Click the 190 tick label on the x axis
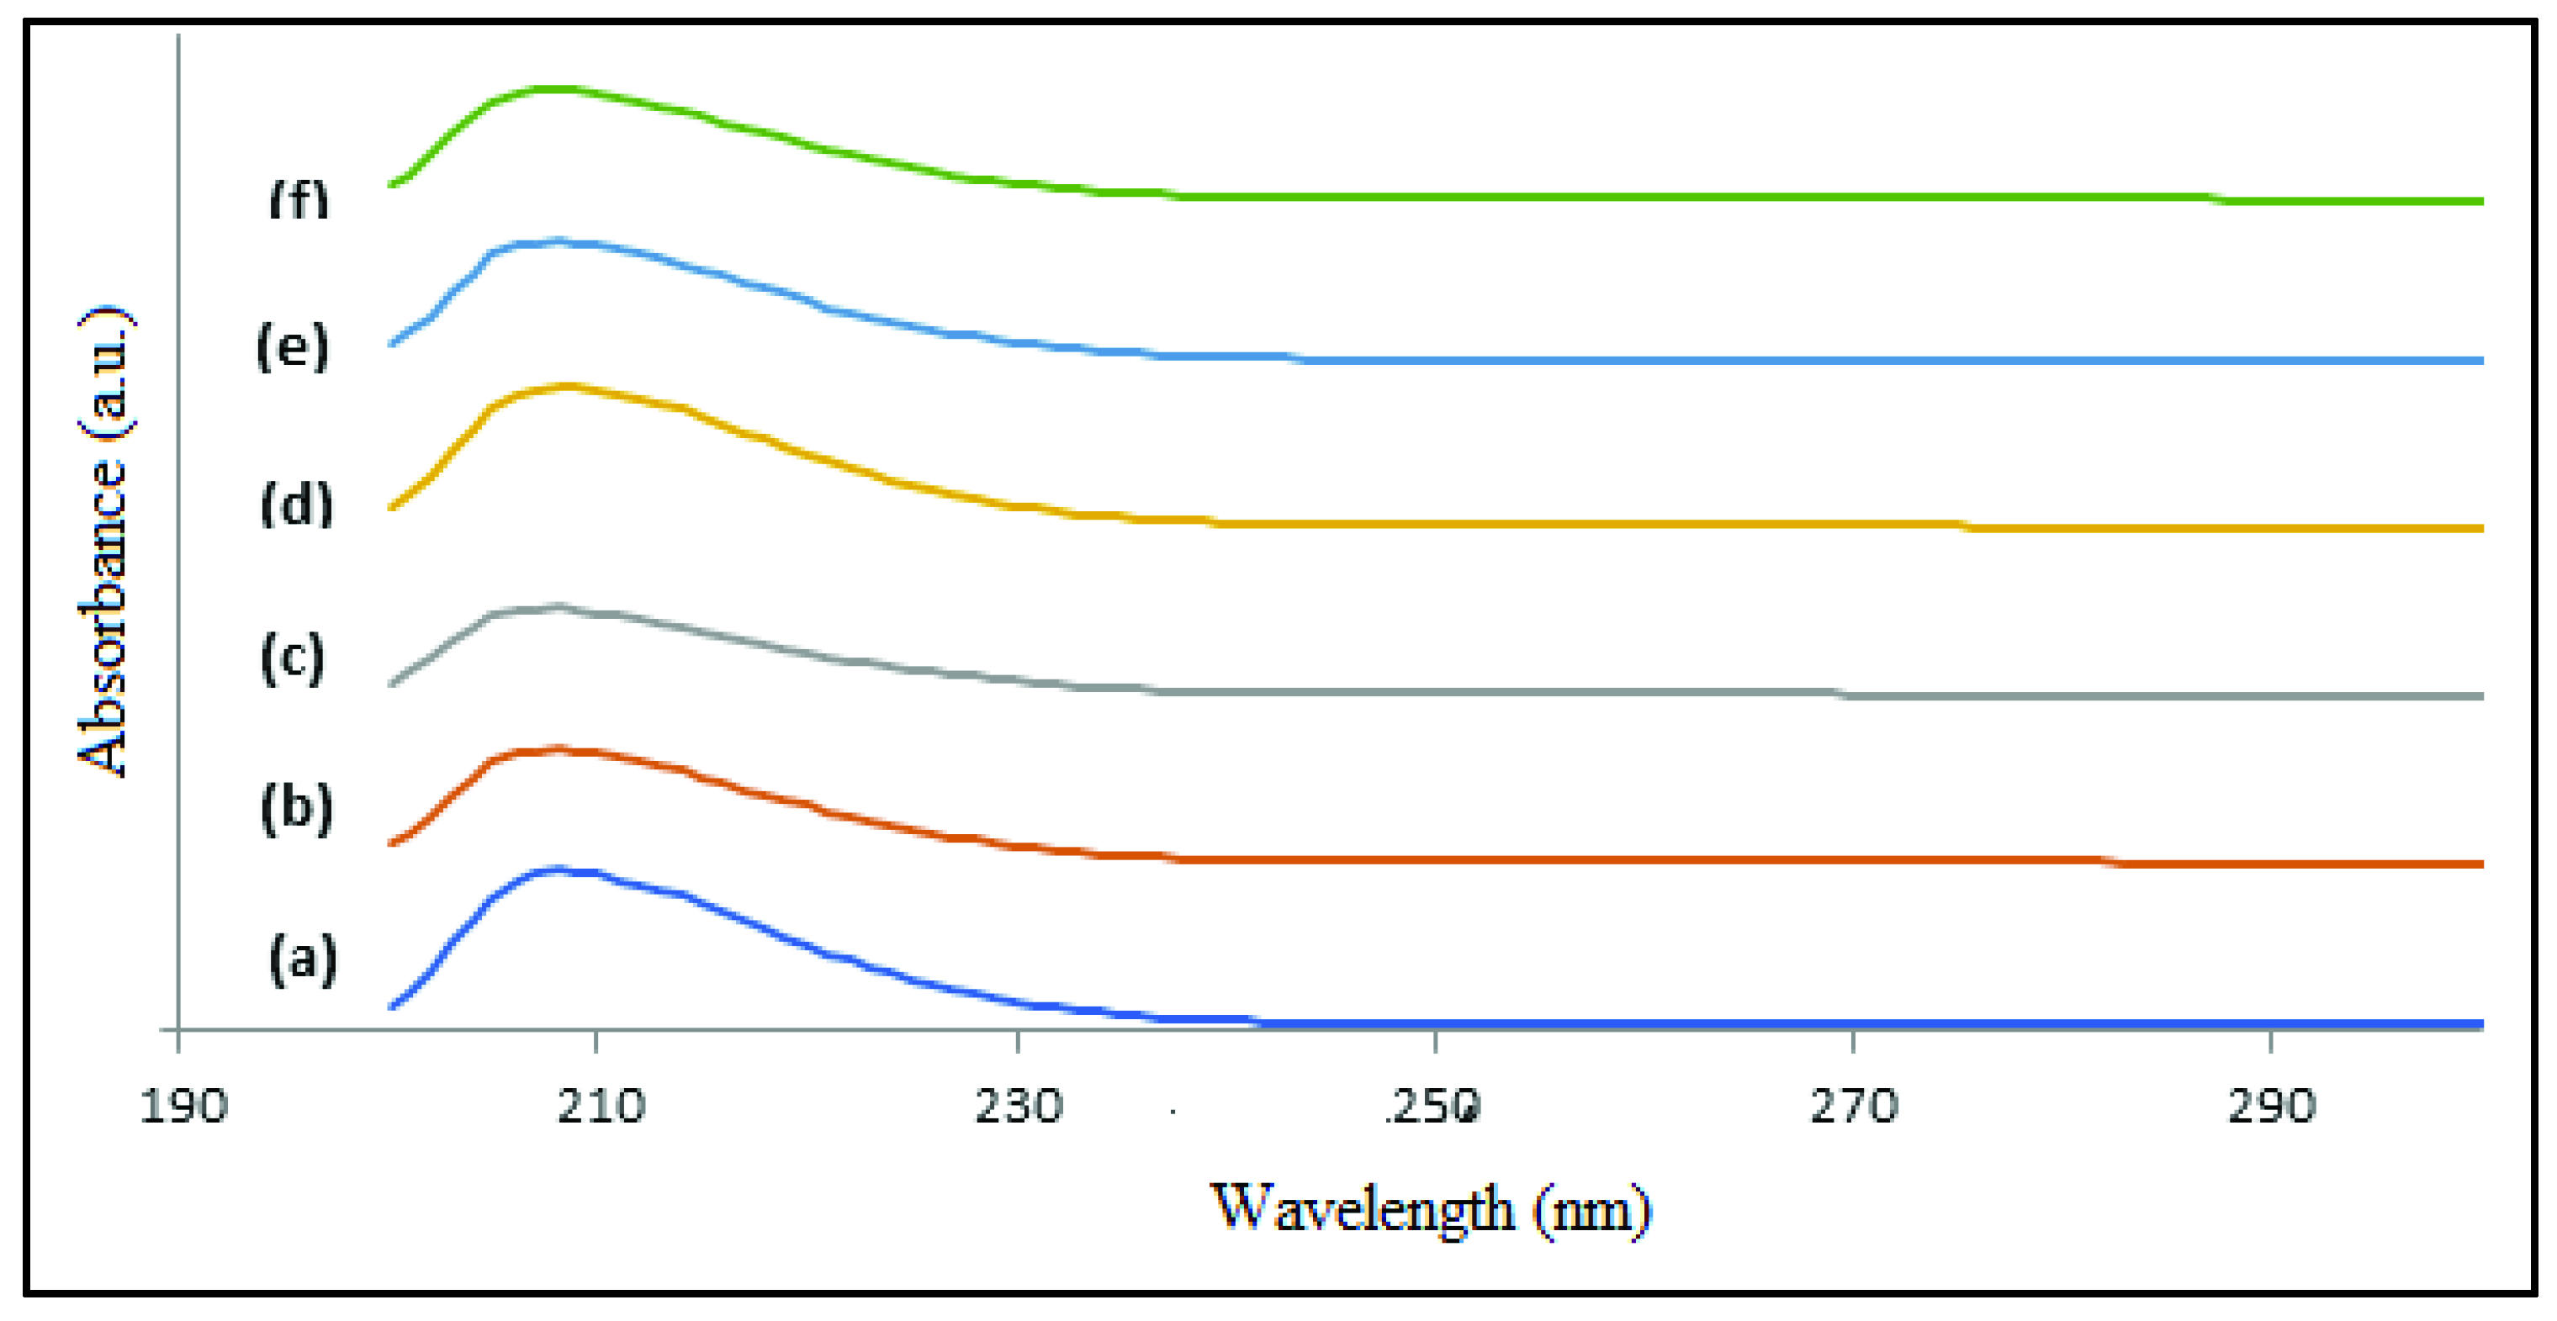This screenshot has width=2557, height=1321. click(183, 1106)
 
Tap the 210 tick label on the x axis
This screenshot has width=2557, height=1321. click(601, 1106)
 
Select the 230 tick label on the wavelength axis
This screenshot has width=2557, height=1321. click(1019, 1106)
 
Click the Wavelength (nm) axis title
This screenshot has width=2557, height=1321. click(1429, 1210)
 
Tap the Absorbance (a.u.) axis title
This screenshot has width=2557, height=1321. click(104, 542)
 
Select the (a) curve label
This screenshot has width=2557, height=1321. click(303, 959)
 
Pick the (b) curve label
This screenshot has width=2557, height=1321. click(296, 808)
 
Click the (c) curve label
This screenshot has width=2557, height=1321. click(293, 658)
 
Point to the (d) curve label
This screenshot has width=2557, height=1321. click(296, 505)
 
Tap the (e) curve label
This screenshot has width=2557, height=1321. click(292, 347)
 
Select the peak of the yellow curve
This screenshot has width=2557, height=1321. click(568, 386)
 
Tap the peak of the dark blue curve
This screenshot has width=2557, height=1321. click(558, 869)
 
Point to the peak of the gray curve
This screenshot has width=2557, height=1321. click(558, 606)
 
